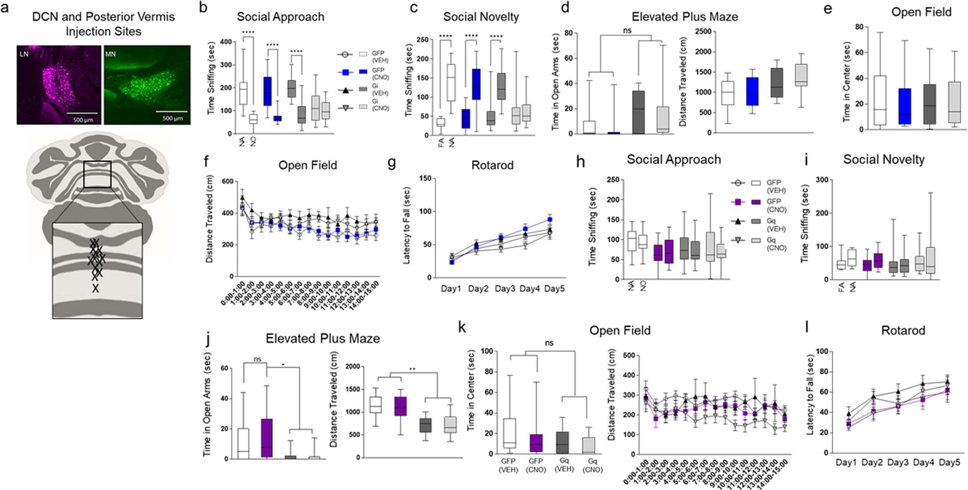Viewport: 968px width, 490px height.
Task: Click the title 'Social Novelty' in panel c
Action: click(481, 17)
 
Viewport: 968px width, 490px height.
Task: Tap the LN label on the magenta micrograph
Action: click(24, 54)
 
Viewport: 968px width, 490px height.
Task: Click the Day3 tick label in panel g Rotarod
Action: click(505, 289)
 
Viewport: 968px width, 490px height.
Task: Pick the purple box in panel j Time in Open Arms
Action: click(266, 437)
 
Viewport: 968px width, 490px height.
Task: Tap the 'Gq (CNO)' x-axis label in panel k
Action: click(592, 465)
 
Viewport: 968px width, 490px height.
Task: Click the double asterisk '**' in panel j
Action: click(412, 369)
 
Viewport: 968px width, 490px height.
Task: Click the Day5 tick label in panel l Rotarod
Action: click(949, 463)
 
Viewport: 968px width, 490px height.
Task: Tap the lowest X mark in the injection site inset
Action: click(95, 288)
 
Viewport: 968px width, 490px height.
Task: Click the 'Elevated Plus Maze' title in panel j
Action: click(322, 338)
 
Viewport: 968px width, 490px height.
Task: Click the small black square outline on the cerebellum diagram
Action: click(97, 174)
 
